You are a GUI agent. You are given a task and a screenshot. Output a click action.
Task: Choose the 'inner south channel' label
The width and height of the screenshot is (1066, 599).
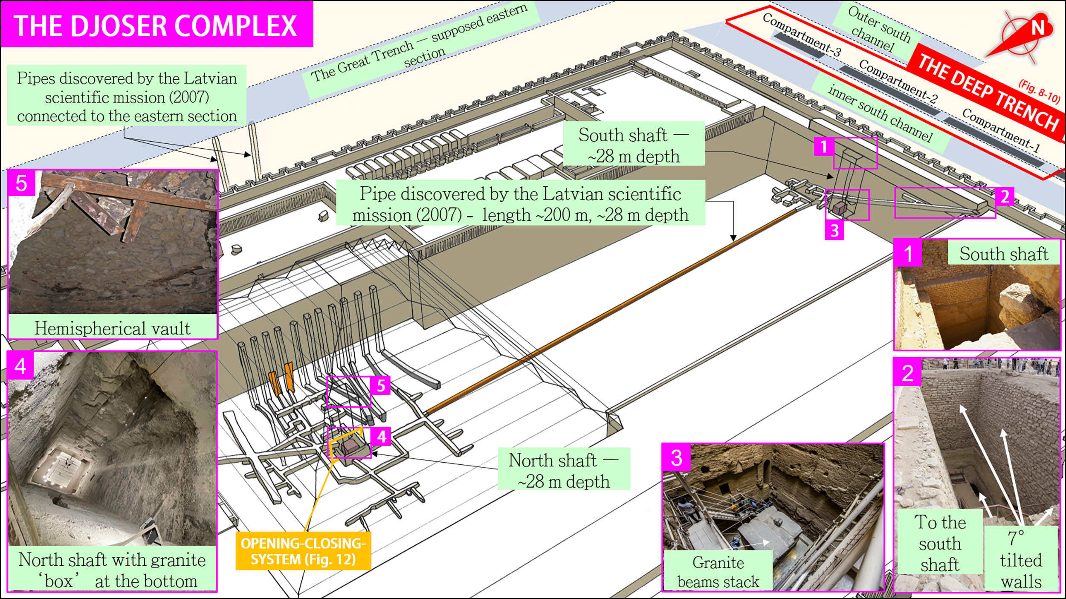click(881, 113)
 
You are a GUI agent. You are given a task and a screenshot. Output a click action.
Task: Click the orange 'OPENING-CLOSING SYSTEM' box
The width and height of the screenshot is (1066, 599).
click(303, 551)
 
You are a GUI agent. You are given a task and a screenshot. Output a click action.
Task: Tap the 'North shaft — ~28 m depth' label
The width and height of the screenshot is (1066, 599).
click(563, 471)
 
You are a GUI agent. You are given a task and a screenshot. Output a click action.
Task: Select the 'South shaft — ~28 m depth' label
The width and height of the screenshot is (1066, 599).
click(633, 145)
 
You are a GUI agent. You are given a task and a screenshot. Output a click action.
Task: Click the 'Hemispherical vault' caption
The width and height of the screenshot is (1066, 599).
click(113, 328)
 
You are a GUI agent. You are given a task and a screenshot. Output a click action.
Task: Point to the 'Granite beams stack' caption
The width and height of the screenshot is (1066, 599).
click(718, 572)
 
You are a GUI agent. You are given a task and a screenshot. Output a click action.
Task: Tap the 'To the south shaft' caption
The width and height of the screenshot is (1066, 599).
click(940, 543)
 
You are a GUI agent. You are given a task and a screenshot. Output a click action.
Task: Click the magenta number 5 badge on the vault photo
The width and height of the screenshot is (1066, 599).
click(21, 183)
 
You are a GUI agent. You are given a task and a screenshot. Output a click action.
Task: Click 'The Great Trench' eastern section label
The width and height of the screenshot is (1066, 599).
click(420, 43)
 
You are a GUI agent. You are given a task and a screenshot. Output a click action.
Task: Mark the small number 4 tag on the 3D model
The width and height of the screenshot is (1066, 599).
click(381, 437)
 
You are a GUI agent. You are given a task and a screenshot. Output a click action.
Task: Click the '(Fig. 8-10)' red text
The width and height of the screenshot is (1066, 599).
click(1039, 92)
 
